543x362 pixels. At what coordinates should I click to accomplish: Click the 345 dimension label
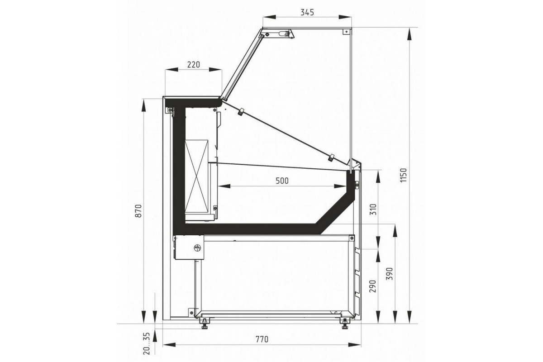[x=307, y=12]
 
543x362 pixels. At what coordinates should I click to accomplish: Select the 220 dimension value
[x=194, y=65]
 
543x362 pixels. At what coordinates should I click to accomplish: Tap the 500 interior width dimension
[x=282, y=181]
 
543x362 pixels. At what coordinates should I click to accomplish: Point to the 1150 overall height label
[x=403, y=175]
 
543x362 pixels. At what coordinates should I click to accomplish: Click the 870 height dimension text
[x=138, y=211]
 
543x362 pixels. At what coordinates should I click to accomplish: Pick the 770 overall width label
[x=262, y=339]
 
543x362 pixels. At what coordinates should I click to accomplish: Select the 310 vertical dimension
[x=373, y=209]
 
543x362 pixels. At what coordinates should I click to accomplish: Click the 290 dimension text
[x=373, y=286]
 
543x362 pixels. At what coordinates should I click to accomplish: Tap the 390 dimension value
[x=390, y=274]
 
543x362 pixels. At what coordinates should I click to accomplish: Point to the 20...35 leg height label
[x=147, y=343]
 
